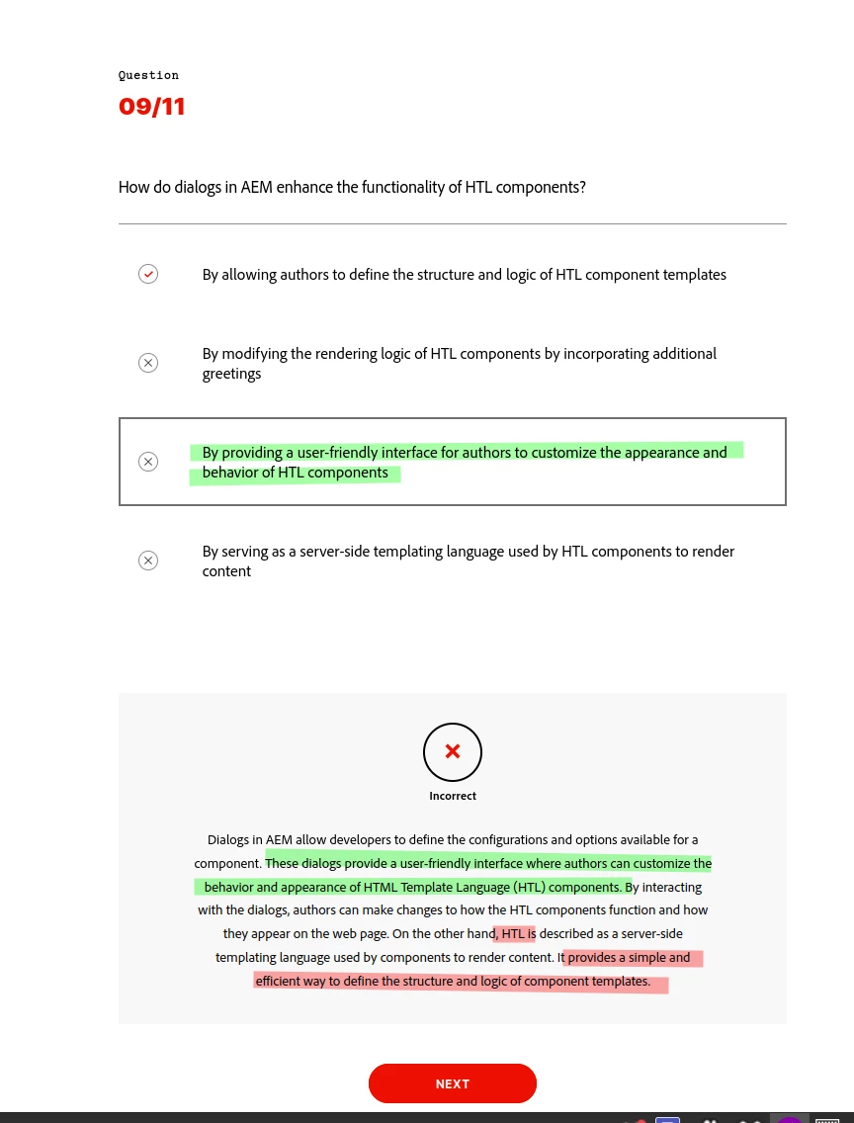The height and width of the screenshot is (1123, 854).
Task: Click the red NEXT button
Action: pyautogui.click(x=452, y=1083)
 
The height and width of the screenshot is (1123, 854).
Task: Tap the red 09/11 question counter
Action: pyautogui.click(x=152, y=107)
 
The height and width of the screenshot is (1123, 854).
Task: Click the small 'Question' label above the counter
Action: pyautogui.click(x=148, y=75)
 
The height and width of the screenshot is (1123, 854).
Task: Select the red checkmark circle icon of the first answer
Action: pyautogui.click(x=148, y=274)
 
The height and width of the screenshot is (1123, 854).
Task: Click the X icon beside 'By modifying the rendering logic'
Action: pyautogui.click(x=148, y=363)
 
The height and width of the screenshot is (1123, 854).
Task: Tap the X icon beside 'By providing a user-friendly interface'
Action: pyautogui.click(x=148, y=462)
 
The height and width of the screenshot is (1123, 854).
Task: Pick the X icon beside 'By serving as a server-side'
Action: pyautogui.click(x=148, y=561)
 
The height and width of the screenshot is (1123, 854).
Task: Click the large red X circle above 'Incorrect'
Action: pyautogui.click(x=453, y=752)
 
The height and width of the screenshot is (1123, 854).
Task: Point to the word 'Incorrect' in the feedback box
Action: pyautogui.click(x=453, y=796)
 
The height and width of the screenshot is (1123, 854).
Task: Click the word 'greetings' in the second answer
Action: pyautogui.click(x=231, y=374)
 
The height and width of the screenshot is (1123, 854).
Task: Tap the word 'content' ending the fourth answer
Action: pyautogui.click(x=226, y=571)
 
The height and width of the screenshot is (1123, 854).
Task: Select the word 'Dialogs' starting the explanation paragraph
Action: pyautogui.click(x=228, y=840)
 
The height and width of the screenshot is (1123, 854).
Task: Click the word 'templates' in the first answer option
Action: pyautogui.click(x=695, y=275)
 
